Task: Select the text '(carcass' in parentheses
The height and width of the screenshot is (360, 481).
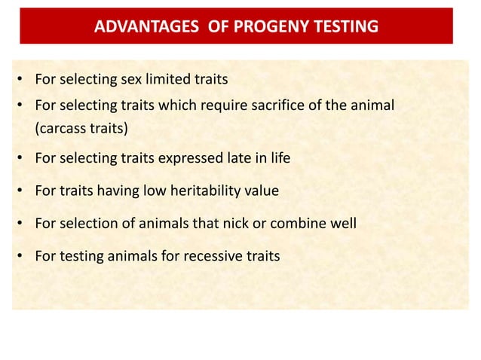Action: coord(60,128)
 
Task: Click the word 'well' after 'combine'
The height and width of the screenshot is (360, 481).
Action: coord(342,224)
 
